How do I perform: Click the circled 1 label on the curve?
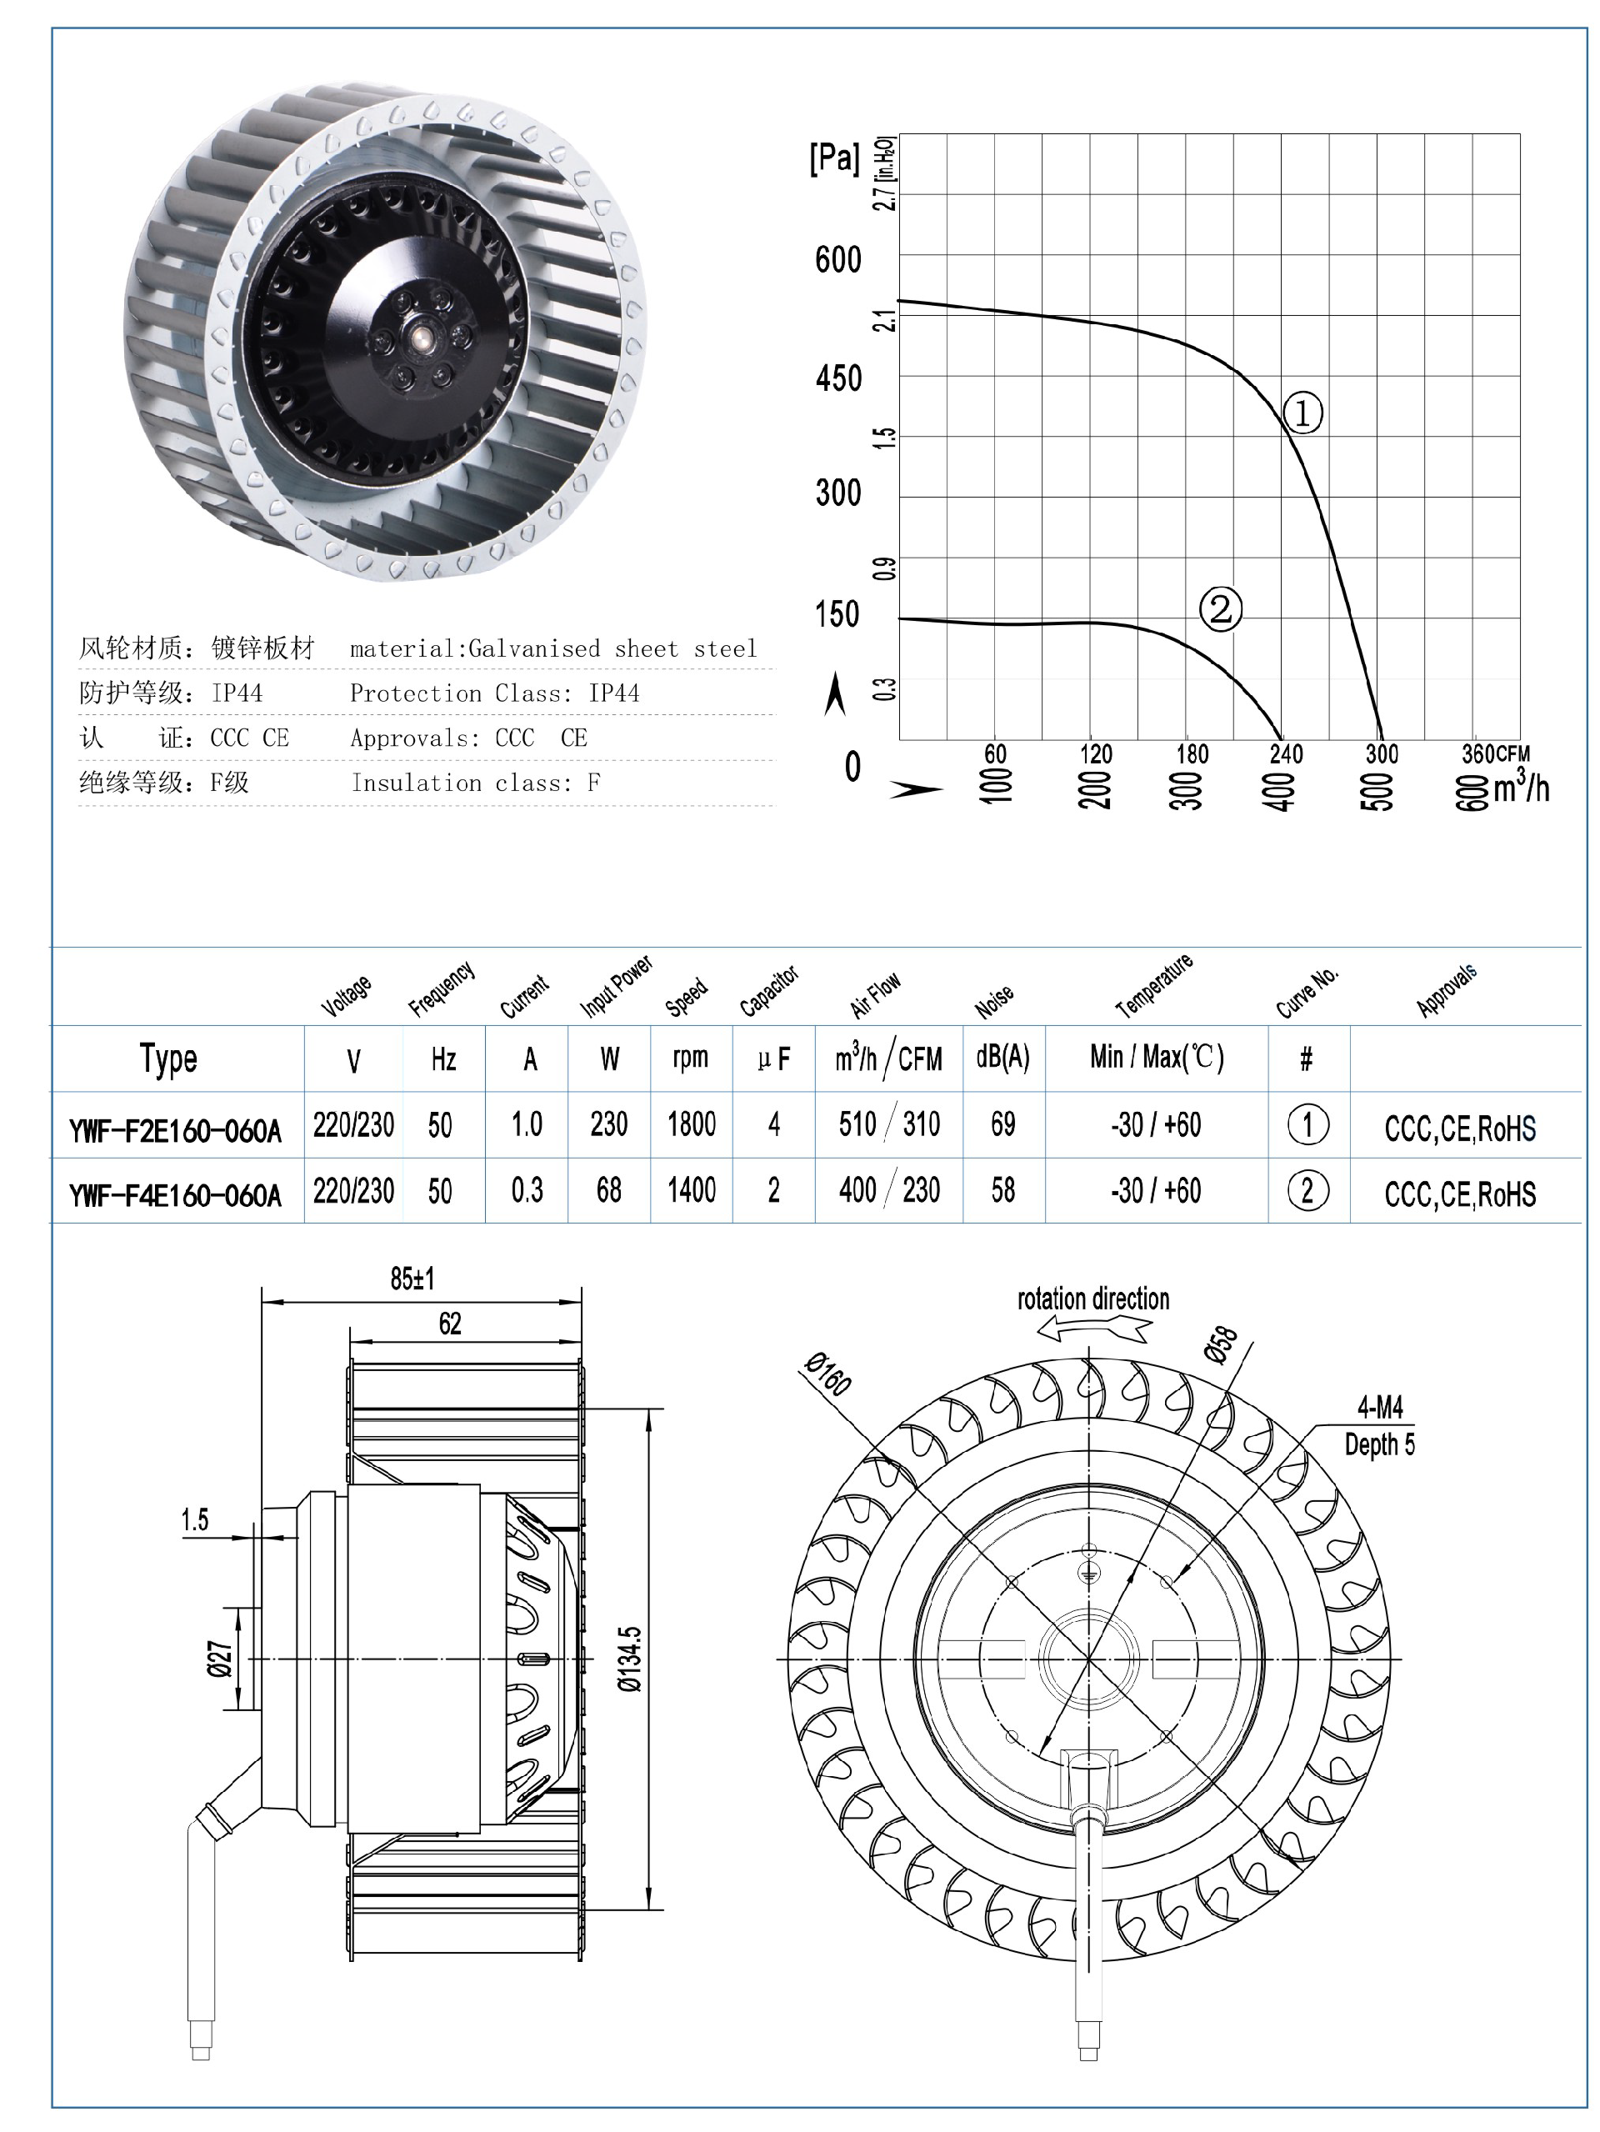[1302, 413]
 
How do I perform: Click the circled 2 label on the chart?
[1220, 609]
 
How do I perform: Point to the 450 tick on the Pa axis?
[838, 378]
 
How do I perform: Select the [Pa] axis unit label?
[833, 157]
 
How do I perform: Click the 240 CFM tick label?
[1286, 753]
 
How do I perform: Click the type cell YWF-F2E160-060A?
[176, 1129]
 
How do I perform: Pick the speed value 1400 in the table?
[691, 1190]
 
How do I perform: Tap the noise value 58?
[1002, 1190]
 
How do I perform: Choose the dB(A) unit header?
[1002, 1058]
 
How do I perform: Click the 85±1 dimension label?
[412, 1279]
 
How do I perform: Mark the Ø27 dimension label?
[221, 1659]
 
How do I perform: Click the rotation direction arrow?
[1094, 1330]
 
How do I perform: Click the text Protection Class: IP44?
[494, 693]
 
